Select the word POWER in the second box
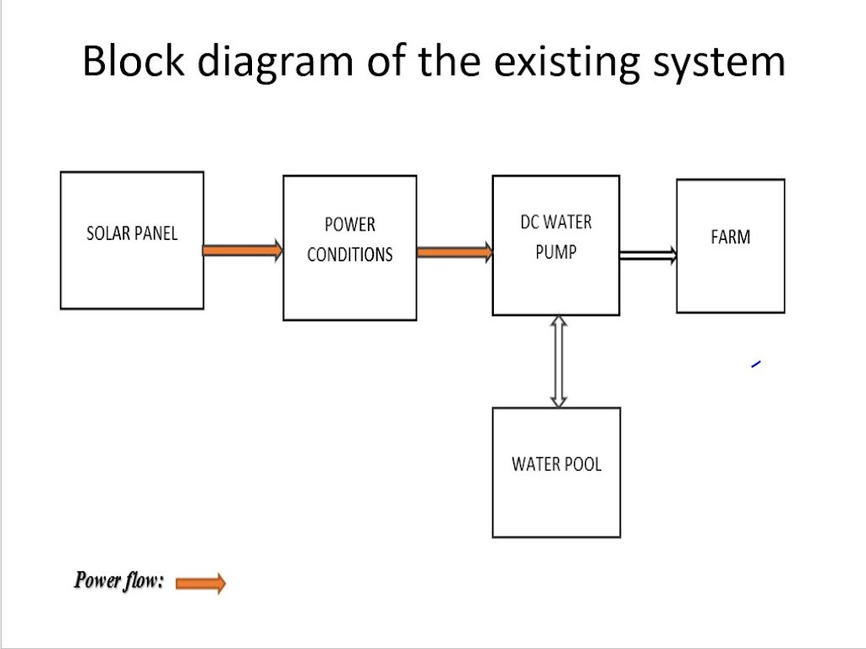point(349,225)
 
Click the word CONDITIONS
point(349,254)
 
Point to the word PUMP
point(556,252)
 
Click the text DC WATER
point(556,222)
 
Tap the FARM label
point(730,237)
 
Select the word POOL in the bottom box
point(582,464)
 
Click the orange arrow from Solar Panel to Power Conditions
point(243,250)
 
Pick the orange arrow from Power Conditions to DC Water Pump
point(454,253)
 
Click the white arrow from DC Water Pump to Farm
point(649,255)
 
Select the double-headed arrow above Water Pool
point(558,362)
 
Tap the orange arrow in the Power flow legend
point(201,583)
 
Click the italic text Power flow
point(119,581)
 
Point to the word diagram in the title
point(275,62)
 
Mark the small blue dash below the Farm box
point(756,363)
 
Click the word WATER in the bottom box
point(534,464)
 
